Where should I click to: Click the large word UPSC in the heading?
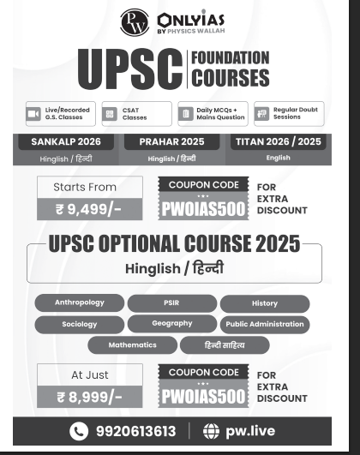tap(129, 69)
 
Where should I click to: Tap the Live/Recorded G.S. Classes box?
tap(58, 114)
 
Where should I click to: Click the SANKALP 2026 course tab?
tap(65, 141)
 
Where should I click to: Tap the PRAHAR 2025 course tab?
tap(171, 141)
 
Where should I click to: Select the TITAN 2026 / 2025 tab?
tap(278, 141)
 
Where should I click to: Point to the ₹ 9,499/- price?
tap(90, 209)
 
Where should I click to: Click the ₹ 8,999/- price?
tap(90, 397)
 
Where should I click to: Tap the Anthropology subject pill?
tap(80, 303)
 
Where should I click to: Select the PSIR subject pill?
tap(172, 303)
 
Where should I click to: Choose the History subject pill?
tap(265, 303)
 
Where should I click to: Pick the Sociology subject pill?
tap(80, 325)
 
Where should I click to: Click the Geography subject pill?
tap(172, 324)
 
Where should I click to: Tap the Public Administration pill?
tap(265, 325)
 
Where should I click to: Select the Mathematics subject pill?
tap(132, 345)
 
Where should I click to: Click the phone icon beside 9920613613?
tap(79, 431)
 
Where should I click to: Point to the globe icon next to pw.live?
tap(211, 431)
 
